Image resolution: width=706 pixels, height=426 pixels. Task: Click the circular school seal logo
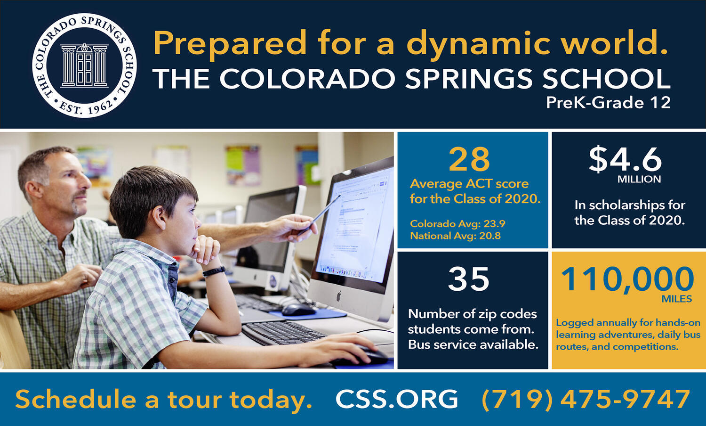tap(84, 66)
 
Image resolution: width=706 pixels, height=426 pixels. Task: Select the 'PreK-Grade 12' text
tap(608, 103)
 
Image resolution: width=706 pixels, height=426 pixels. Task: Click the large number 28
tap(469, 159)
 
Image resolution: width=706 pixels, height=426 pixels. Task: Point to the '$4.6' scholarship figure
tap(626, 160)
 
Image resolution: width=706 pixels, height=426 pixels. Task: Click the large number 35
tap(469, 279)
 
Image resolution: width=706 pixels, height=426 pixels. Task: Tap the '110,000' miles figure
tap(627, 279)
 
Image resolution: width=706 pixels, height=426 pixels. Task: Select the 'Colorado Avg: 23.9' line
tap(457, 224)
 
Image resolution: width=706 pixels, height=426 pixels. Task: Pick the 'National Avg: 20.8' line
tap(456, 236)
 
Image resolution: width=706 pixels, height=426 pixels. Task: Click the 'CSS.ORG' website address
tap(397, 399)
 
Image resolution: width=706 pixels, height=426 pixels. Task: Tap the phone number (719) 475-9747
tap(586, 400)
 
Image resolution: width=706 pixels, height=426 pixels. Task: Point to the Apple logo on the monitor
tap(338, 296)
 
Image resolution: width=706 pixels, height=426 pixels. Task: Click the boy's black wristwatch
tap(214, 271)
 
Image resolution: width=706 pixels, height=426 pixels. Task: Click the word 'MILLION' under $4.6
tap(639, 179)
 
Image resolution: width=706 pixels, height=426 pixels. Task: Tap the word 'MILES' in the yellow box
tap(677, 299)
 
